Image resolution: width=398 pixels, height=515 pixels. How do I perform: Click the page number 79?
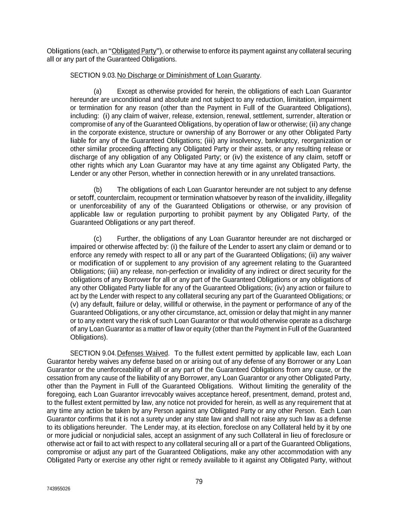coord(199,481)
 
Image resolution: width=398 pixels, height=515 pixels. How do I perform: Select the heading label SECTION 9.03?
coord(93,75)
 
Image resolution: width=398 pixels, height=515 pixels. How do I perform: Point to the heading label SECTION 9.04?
coord(93,354)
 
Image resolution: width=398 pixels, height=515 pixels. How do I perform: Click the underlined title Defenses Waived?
coord(143,354)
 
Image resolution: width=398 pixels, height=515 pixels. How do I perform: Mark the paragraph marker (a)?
coord(98,92)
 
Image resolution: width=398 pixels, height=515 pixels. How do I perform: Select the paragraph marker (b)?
coord(98,190)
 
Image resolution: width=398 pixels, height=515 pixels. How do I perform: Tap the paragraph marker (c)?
coord(98,239)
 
